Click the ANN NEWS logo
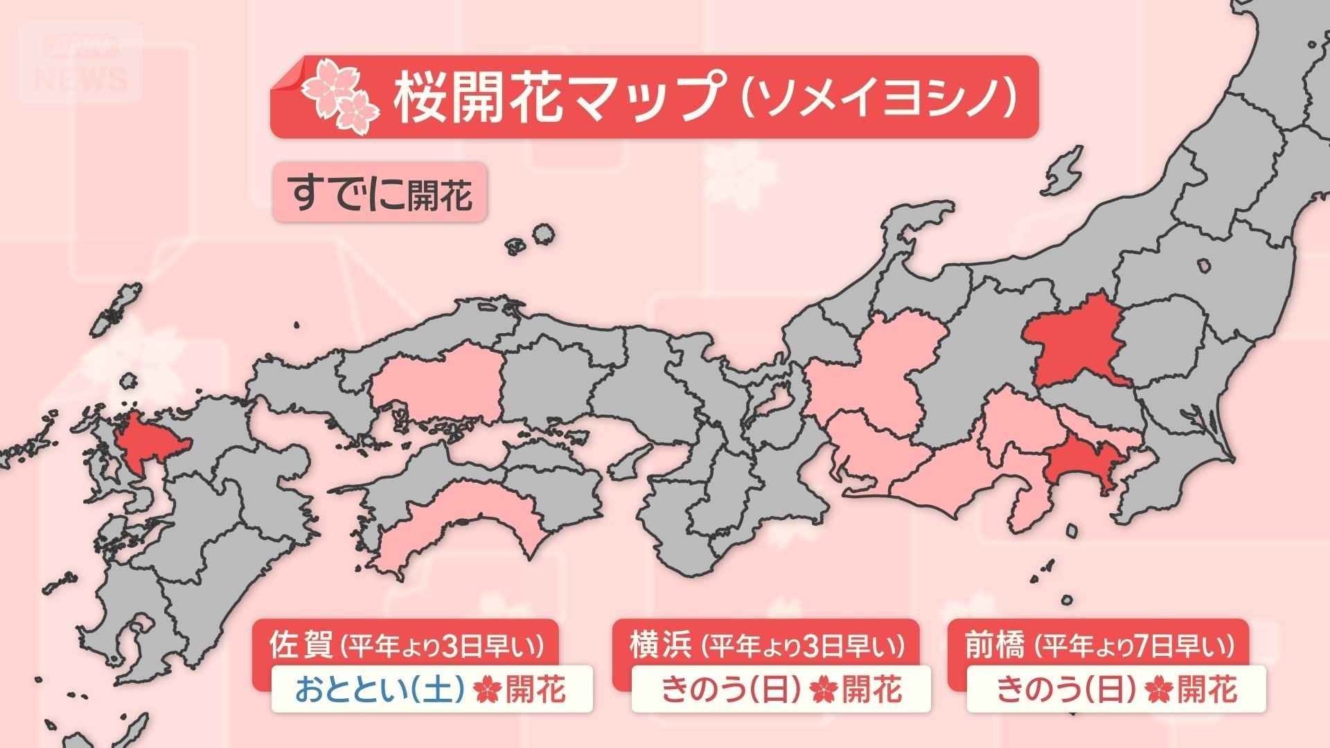(x=80, y=62)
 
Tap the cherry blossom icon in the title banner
(x=340, y=98)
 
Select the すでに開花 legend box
(x=380, y=193)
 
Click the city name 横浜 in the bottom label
(x=660, y=645)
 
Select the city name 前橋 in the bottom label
(x=994, y=645)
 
